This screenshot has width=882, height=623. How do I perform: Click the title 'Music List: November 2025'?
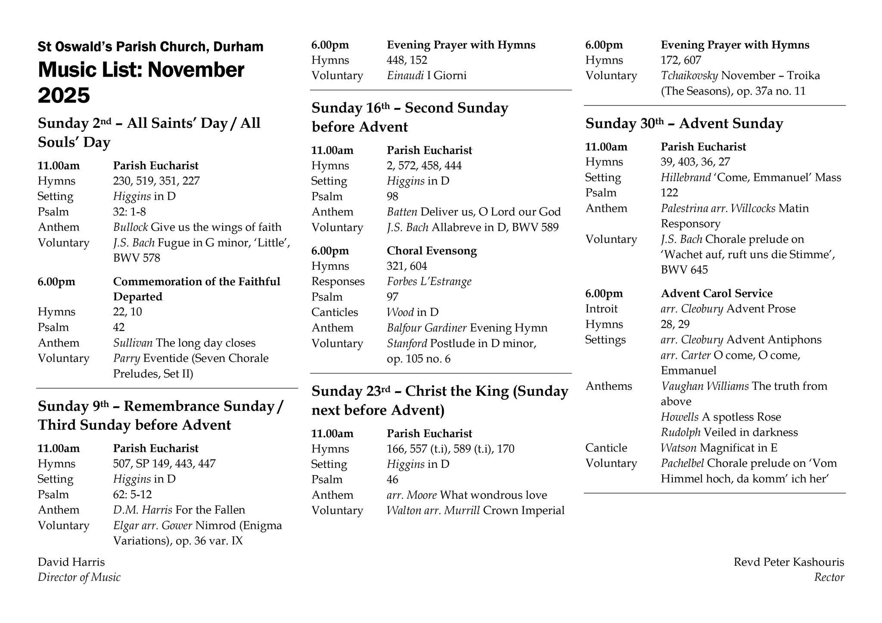(x=141, y=82)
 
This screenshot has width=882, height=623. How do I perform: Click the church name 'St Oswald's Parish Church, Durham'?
(x=150, y=46)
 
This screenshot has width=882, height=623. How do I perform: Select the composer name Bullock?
(x=130, y=227)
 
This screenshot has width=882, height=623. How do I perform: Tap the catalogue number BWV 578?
(x=137, y=258)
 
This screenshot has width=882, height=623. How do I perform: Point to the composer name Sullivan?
(x=133, y=343)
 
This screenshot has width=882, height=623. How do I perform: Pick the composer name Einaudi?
(x=405, y=76)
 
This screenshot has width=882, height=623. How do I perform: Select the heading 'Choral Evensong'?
(x=432, y=251)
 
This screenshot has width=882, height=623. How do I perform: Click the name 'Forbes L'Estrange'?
(x=429, y=282)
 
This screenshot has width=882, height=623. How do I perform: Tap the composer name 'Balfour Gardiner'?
(x=426, y=328)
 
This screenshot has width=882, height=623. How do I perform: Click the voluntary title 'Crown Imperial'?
(x=524, y=510)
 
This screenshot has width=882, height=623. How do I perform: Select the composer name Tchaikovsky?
(x=689, y=76)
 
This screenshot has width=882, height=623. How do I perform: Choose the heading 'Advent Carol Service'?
(x=717, y=293)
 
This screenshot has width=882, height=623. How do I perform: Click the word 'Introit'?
(x=601, y=309)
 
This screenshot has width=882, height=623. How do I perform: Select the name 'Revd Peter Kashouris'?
(x=789, y=562)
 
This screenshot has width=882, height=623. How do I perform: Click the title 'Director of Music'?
(x=79, y=577)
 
